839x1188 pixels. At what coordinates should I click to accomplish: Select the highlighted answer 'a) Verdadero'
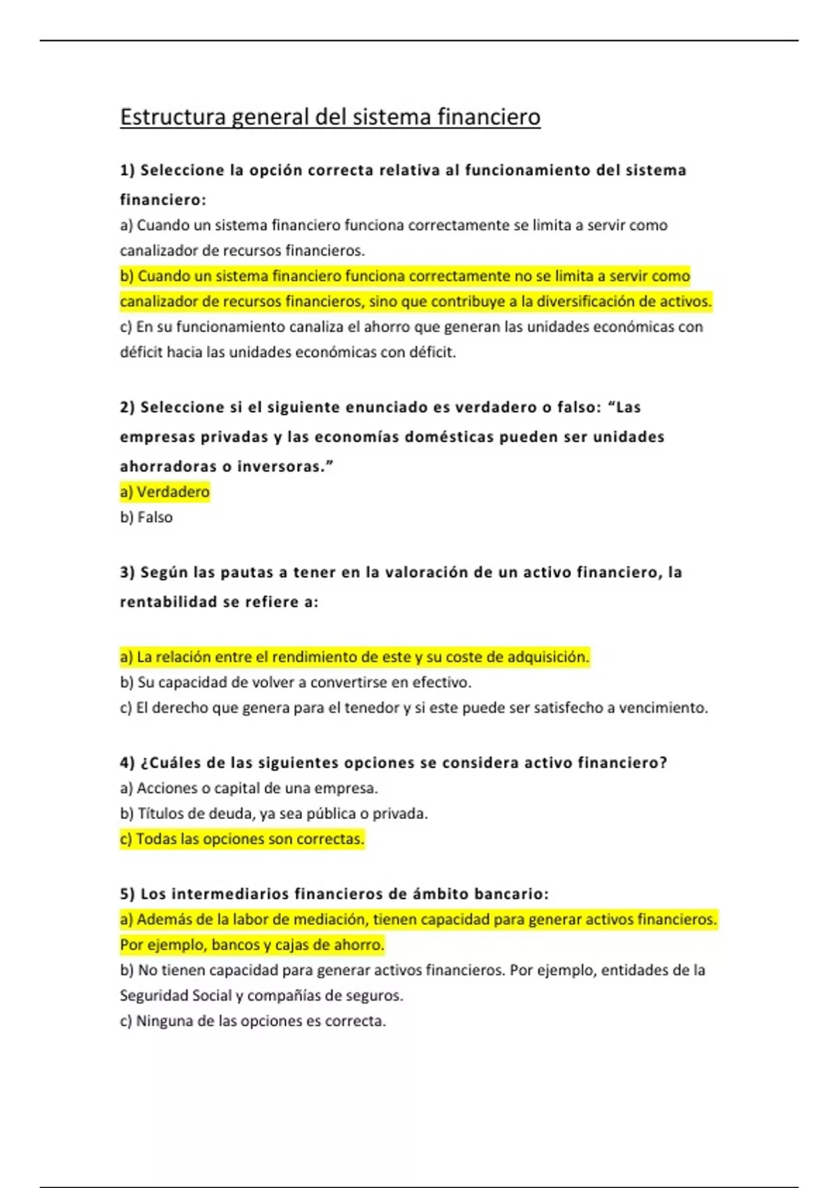point(165,492)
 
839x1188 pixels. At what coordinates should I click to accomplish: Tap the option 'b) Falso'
point(146,517)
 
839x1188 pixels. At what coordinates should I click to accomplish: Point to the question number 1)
point(127,171)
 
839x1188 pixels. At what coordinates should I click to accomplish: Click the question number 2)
point(127,407)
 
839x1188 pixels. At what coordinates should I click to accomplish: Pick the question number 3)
point(127,572)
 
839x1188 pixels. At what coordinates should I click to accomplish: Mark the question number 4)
point(127,762)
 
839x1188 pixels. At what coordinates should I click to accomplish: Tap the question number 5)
point(127,894)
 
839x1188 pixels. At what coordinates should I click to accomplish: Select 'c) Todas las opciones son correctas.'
point(242,839)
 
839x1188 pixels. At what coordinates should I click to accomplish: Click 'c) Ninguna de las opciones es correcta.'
point(252,1021)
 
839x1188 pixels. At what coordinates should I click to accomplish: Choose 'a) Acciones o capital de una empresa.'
point(249,788)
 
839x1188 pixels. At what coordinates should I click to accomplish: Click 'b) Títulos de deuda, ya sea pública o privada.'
point(273,813)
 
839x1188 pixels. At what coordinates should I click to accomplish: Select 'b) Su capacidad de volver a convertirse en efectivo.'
point(296,682)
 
